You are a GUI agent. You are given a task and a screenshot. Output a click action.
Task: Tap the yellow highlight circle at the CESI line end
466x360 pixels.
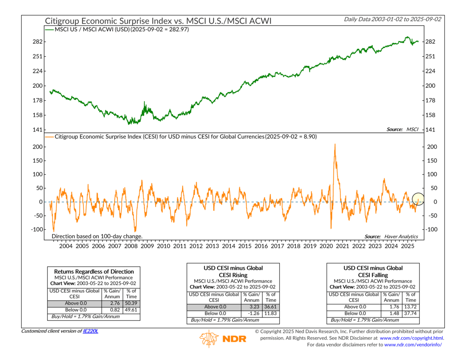tap(418, 200)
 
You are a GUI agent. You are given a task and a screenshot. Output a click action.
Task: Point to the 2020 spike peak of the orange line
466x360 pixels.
tap(335, 144)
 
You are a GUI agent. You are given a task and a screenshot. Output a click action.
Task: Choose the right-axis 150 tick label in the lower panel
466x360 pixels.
tap(432, 161)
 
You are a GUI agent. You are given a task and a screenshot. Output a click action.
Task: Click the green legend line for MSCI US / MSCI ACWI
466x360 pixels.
tap(48, 30)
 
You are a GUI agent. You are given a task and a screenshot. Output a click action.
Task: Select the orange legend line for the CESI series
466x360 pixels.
tap(48, 137)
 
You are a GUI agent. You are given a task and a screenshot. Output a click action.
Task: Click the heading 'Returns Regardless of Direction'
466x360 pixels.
tap(94, 271)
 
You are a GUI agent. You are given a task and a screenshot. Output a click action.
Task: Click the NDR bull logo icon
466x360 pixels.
tap(208, 338)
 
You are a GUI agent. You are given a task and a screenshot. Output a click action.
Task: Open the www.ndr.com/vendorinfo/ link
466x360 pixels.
tap(413, 345)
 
